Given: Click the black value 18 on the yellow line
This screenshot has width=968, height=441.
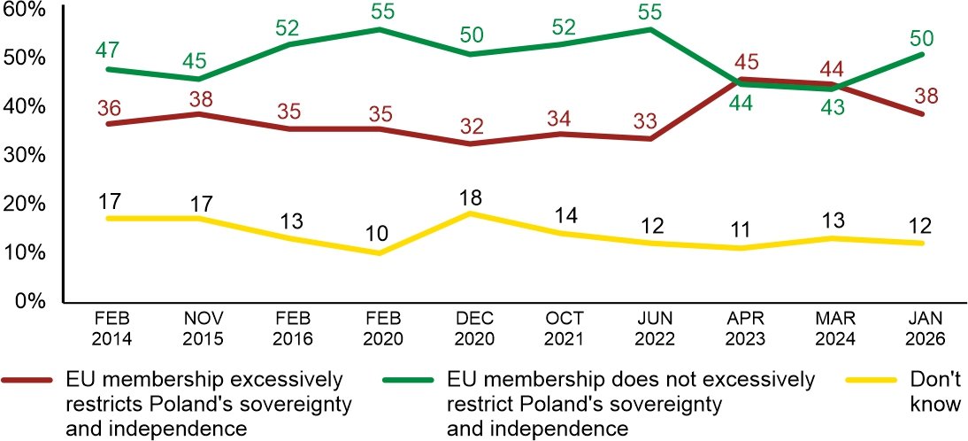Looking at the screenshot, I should tap(470, 195).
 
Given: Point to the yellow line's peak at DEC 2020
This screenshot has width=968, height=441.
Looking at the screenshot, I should tap(470, 213).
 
